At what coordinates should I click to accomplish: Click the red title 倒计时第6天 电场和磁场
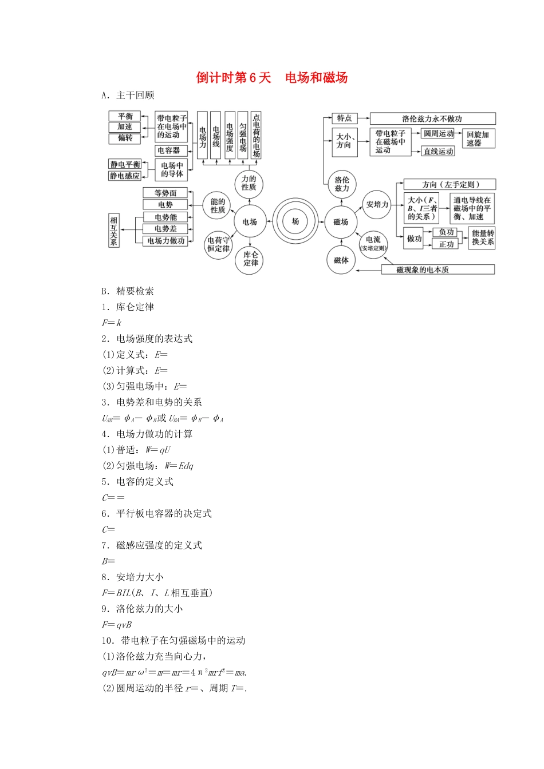(x=271, y=78)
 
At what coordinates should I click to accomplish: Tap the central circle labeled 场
(x=295, y=221)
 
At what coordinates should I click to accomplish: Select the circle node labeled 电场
(x=250, y=221)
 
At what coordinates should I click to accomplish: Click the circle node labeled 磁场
(x=341, y=221)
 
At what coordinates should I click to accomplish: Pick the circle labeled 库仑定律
(x=251, y=259)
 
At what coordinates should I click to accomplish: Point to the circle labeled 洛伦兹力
(x=342, y=184)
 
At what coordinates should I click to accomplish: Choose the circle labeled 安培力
(x=377, y=204)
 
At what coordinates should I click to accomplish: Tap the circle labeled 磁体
(x=341, y=260)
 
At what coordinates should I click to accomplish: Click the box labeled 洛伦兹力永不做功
(x=432, y=118)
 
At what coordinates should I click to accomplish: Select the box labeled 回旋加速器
(x=478, y=138)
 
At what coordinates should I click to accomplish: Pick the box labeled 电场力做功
(x=166, y=241)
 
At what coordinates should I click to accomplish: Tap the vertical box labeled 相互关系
(x=114, y=231)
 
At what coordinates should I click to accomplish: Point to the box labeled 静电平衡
(x=125, y=165)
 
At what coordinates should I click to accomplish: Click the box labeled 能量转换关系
(x=482, y=237)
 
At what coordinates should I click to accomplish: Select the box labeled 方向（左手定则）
(x=450, y=184)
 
